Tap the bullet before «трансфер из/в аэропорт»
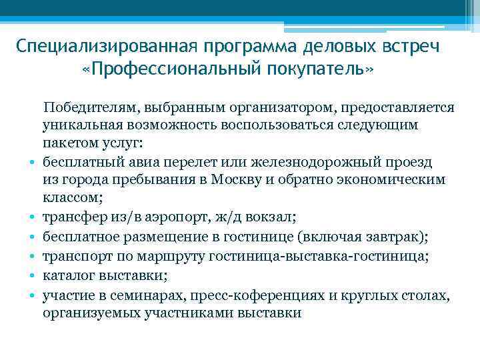pyautogui.click(x=32, y=217)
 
